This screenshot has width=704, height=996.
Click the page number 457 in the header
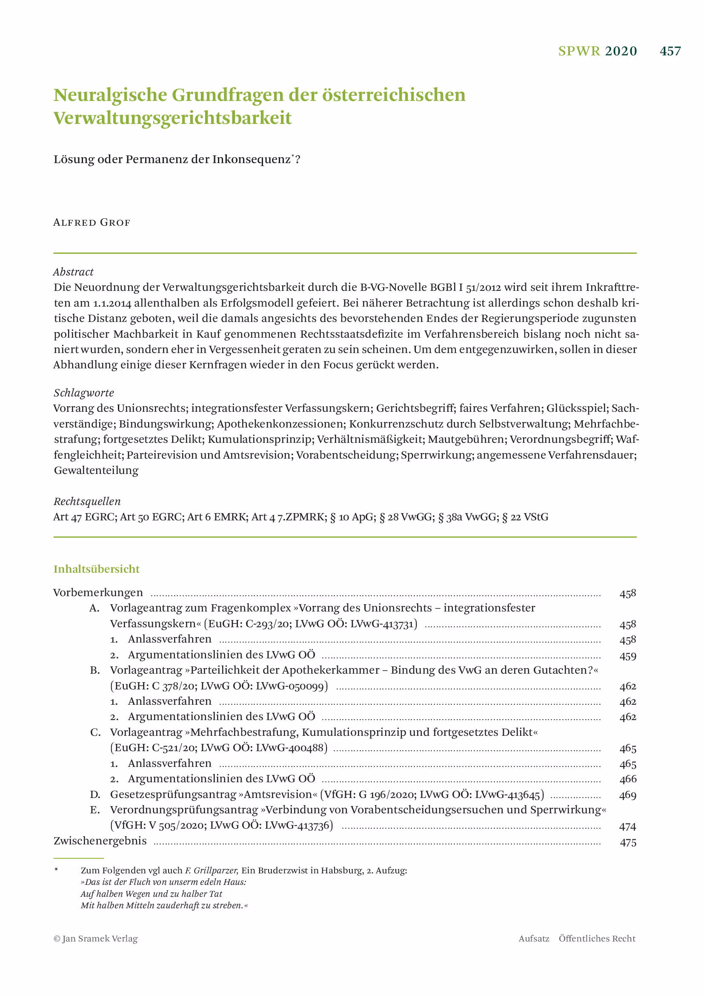670,51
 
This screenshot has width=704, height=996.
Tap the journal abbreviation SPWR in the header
579,51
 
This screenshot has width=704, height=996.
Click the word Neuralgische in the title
110,95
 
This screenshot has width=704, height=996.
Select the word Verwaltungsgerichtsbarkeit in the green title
172,118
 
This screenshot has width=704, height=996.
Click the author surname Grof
115,223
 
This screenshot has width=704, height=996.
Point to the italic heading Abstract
73,272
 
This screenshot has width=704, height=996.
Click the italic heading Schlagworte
84,393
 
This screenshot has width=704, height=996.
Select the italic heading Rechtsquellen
87,502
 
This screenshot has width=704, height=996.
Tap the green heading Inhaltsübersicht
96,569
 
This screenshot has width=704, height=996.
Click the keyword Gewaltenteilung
96,471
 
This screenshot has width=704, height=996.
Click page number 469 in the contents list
627,795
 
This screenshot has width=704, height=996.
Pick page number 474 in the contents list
627,827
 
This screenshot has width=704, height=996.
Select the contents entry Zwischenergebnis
100,841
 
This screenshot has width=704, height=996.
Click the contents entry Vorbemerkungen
98,593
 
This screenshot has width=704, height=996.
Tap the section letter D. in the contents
95,795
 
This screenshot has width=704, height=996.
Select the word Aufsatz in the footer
534,939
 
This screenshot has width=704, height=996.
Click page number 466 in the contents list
627,779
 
